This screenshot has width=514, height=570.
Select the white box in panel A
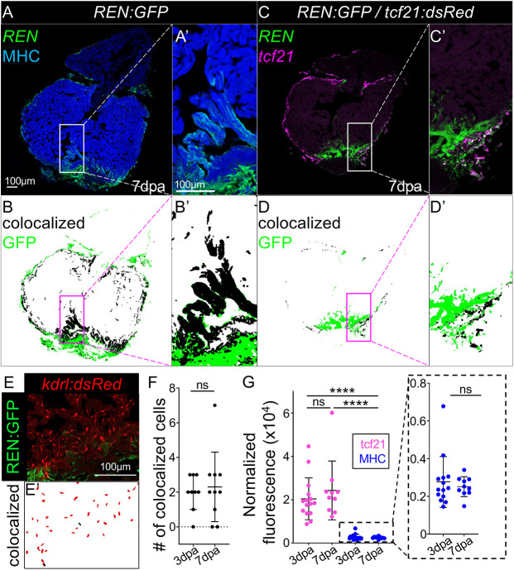tap(73, 149)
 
